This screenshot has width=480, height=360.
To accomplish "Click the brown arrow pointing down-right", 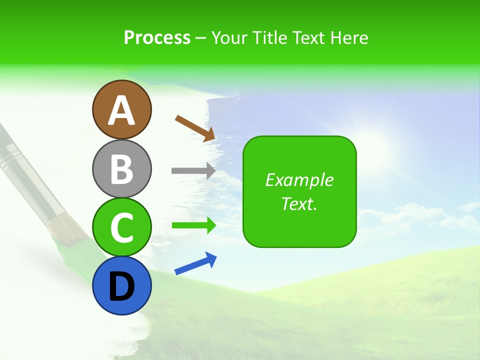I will coord(195,127).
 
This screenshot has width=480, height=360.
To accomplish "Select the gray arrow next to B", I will coord(193,170).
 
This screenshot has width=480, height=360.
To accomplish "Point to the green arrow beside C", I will coord(193,225).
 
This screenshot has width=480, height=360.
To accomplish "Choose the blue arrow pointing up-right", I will coord(195,263).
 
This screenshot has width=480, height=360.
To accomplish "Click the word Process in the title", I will coord(157,38).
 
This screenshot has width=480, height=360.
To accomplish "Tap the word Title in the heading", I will coord(269,38).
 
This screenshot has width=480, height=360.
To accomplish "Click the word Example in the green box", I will coord(299,180).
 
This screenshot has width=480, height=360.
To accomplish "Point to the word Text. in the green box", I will coord(299,203).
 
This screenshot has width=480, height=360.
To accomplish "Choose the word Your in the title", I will coord(229,38).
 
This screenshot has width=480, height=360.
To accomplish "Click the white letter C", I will coord(122,228).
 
